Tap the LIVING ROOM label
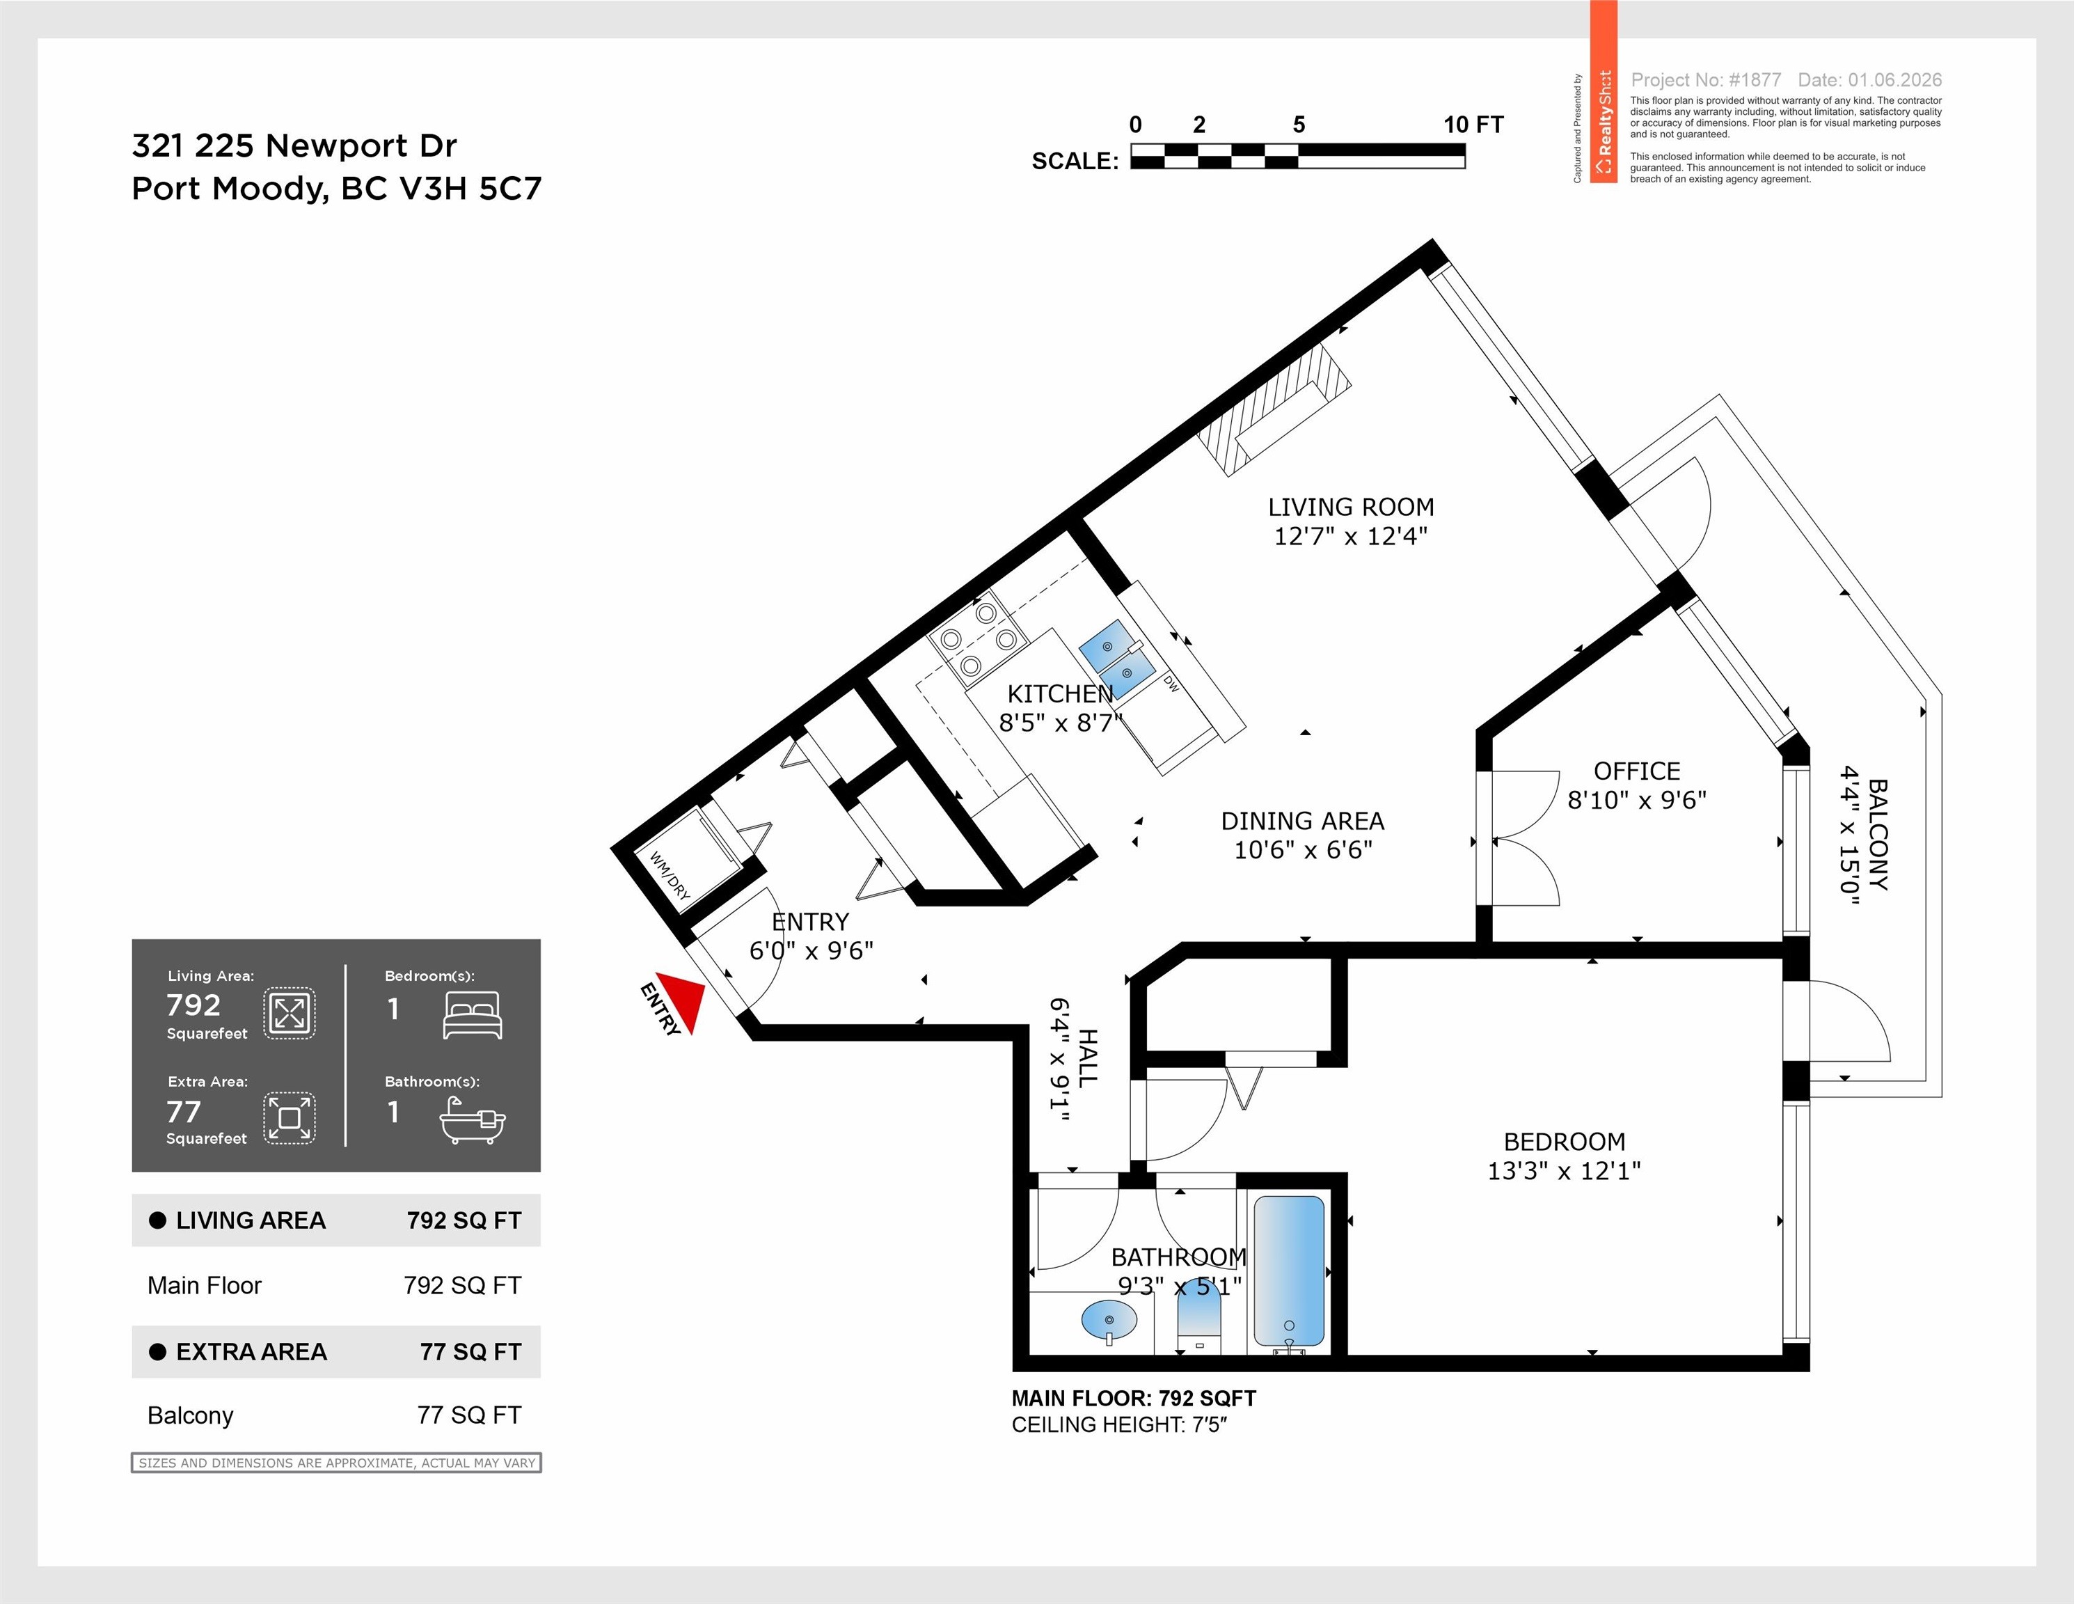1350,507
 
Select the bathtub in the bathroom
1289,1272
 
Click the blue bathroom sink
1108,1320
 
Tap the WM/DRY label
670,874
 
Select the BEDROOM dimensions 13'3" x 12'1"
1564,1171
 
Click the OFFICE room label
1637,771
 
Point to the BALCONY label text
1878,835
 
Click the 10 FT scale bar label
1473,125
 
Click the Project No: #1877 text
1706,80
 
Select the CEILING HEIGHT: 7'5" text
1120,1424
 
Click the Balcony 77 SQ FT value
469,1415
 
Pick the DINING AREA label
1302,821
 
